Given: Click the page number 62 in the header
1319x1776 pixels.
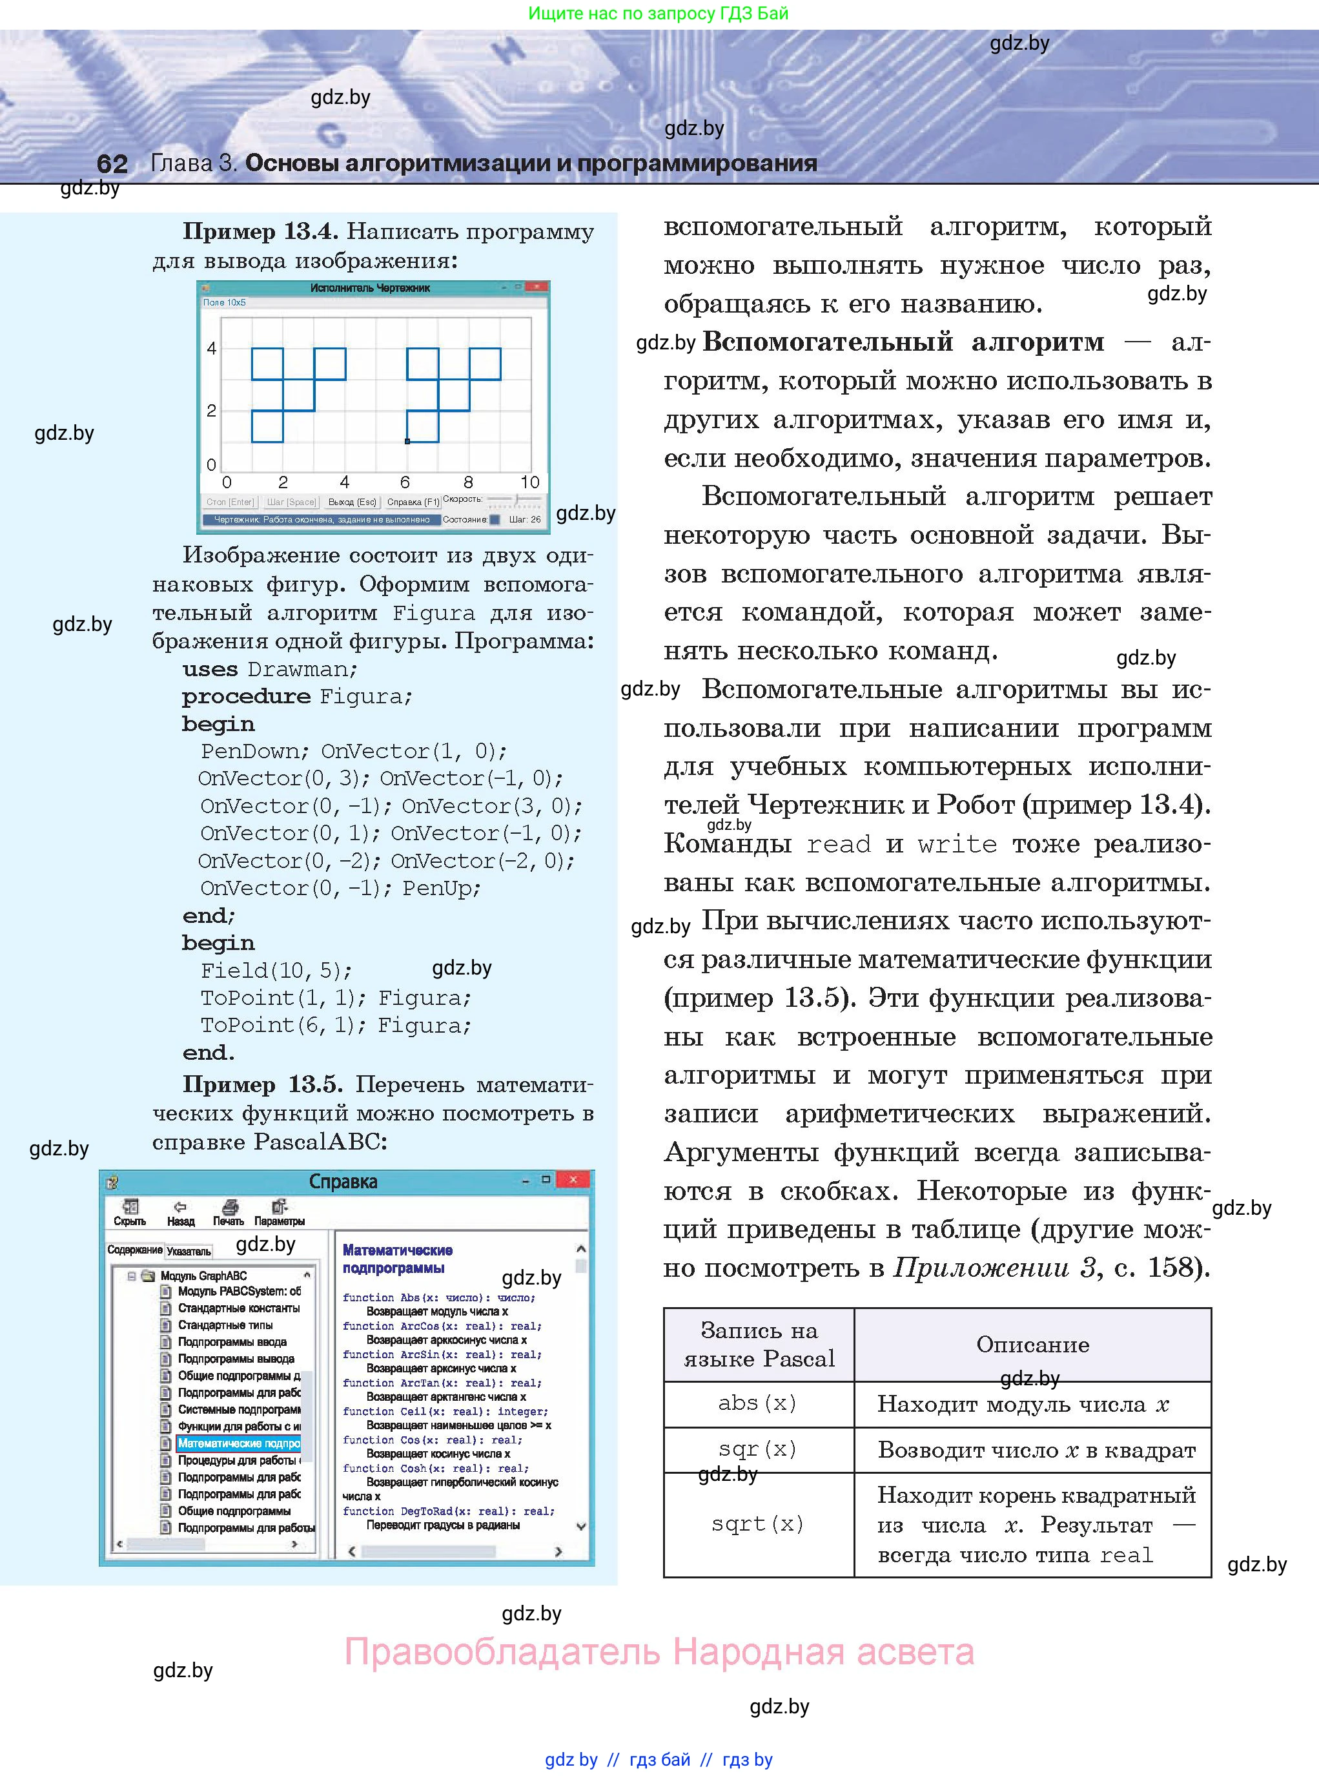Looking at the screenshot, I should point(112,163).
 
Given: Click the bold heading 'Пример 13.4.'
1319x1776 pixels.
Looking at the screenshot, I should point(260,232).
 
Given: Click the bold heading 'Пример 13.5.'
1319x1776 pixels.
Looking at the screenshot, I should point(263,1084).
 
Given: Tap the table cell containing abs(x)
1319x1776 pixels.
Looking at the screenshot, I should point(758,1403).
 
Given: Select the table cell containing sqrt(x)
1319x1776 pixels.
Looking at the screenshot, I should point(758,1523).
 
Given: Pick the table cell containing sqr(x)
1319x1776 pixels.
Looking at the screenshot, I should point(758,1449).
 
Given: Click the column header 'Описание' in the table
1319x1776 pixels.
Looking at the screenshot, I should point(1032,1345).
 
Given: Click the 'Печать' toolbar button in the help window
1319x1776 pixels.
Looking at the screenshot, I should point(229,1212).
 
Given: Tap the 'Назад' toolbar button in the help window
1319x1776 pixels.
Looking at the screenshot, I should point(180,1212).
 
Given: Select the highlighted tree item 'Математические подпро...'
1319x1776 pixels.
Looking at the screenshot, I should point(238,1443).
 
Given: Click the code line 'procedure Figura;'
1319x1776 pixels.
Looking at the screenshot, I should point(296,696).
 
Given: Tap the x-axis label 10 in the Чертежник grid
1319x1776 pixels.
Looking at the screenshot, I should point(530,482).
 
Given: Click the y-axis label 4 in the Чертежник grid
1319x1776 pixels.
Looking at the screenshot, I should point(212,348).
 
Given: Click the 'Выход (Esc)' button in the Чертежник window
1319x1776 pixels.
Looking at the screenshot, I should point(352,502).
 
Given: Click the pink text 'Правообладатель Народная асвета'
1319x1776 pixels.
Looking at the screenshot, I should point(659,1652).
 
